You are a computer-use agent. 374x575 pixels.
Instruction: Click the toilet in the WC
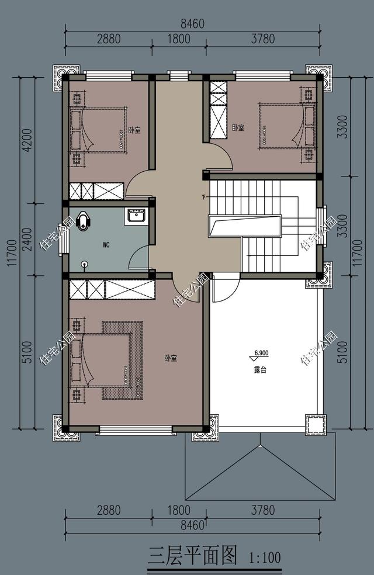(x=85, y=220)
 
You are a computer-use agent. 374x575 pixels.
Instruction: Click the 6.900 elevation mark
(x=261, y=354)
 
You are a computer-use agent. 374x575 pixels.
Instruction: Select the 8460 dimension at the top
(x=192, y=24)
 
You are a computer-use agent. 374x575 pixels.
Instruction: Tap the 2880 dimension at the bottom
(x=109, y=510)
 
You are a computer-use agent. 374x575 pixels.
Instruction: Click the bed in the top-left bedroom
(x=99, y=130)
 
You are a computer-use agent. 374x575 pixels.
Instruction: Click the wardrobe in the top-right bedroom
(x=218, y=110)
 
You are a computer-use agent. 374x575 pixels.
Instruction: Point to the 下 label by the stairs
(x=204, y=196)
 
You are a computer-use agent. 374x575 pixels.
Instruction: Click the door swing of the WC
(x=138, y=258)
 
